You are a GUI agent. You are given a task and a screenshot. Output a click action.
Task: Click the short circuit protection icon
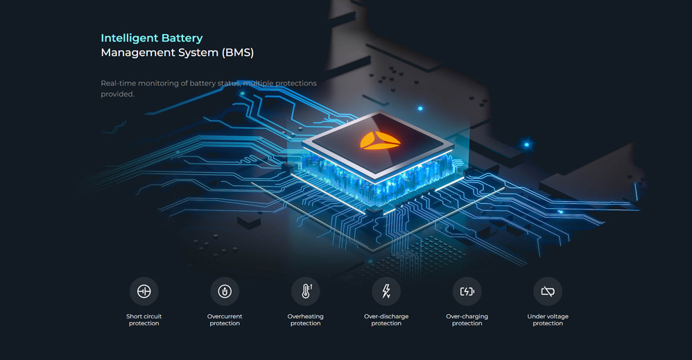click(144, 291)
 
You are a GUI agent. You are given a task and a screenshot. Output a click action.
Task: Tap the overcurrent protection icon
click(225, 291)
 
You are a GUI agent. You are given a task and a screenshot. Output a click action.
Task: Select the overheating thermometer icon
click(306, 291)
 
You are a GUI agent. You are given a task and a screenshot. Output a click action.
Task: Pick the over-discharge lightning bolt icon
click(386, 291)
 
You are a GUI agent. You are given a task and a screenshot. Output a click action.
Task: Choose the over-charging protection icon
click(467, 291)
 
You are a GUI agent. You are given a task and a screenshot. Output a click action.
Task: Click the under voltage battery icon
click(548, 291)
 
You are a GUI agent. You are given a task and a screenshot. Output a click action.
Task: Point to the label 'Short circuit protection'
click(144, 320)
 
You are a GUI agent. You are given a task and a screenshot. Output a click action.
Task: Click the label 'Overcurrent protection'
click(225, 320)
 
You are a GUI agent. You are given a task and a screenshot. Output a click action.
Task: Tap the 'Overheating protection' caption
click(306, 320)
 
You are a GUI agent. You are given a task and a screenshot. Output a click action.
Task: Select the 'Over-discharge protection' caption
click(386, 320)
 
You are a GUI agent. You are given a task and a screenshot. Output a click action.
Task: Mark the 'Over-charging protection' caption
click(467, 320)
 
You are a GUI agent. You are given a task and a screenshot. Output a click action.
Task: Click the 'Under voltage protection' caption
click(548, 320)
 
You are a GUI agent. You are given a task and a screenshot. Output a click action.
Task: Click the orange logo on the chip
click(380, 141)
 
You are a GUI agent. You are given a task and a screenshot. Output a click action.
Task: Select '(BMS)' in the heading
click(238, 53)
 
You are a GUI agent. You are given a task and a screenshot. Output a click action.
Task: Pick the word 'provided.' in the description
click(117, 94)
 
